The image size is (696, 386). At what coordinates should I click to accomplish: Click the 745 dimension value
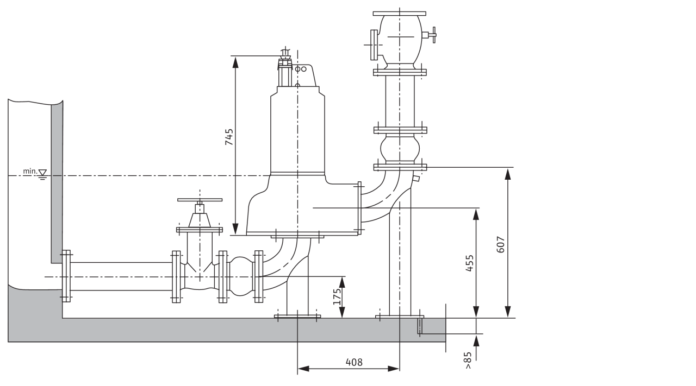coord(229,137)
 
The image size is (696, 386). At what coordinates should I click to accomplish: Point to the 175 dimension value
coord(337,296)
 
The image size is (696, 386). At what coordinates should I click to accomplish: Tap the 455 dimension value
coord(470,263)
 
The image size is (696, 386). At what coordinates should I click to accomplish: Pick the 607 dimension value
coord(501,244)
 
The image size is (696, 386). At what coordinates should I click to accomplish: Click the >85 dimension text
coord(468,360)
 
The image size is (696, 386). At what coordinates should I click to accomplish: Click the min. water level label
coord(29,172)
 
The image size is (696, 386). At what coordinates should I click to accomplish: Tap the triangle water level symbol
coord(42,173)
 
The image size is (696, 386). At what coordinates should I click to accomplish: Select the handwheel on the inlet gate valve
coord(200,200)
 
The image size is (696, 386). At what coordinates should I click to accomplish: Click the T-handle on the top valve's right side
coord(432,35)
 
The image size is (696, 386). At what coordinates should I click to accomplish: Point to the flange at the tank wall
coord(66,276)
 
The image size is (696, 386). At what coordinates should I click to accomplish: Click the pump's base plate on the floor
coord(297,316)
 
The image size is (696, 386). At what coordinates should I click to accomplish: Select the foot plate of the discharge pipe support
coord(400,316)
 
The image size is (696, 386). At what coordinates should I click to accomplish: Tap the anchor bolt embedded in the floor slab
coord(419,326)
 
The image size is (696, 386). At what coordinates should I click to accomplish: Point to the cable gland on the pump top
coord(285,60)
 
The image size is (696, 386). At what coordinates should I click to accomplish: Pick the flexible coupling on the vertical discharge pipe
coord(400,148)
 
